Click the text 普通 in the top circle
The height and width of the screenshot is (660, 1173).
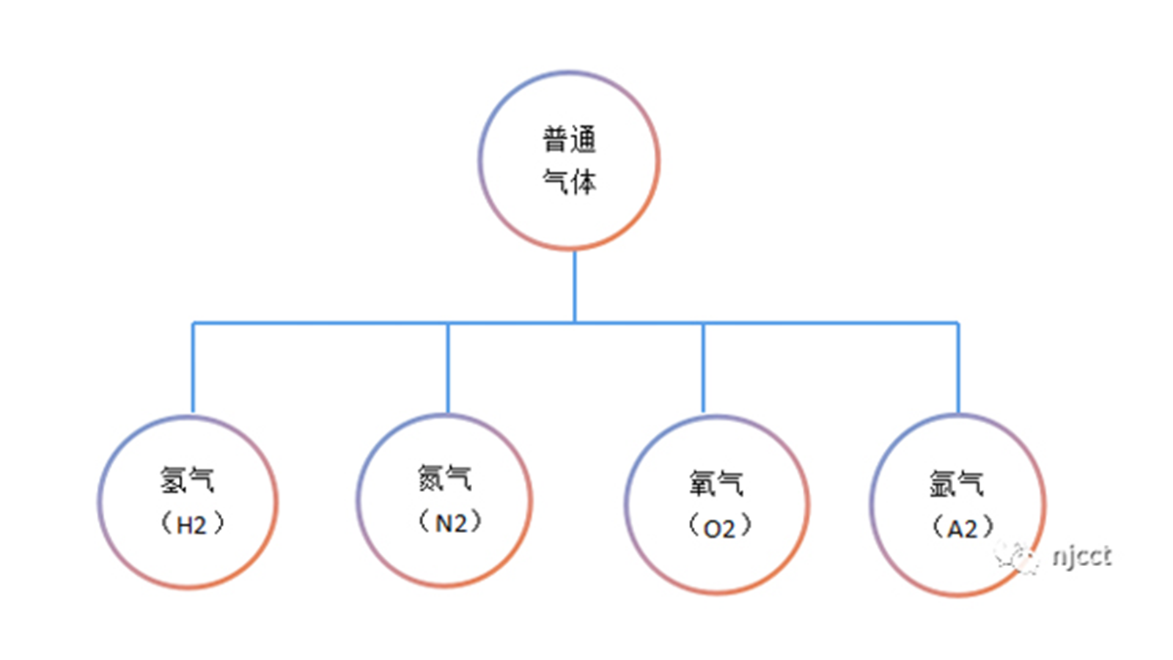pos(569,139)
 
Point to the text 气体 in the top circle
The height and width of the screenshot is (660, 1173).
pos(569,181)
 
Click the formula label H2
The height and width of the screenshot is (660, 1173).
pos(191,525)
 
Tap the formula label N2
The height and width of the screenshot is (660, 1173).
pos(451,524)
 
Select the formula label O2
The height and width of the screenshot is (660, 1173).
pos(719,529)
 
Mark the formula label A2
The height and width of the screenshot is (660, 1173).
pos(963,529)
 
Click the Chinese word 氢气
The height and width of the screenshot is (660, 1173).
pos(187,480)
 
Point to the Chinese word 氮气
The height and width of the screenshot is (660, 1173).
pos(444,477)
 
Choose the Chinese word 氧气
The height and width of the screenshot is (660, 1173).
pos(716,483)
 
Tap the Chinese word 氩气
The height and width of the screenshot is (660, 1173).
pos(957,483)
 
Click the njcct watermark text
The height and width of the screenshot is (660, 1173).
pos(1082,557)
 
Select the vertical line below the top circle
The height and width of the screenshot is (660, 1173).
pos(575,287)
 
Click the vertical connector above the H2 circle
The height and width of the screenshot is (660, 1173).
pos(193,368)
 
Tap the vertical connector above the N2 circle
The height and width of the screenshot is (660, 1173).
pos(448,368)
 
